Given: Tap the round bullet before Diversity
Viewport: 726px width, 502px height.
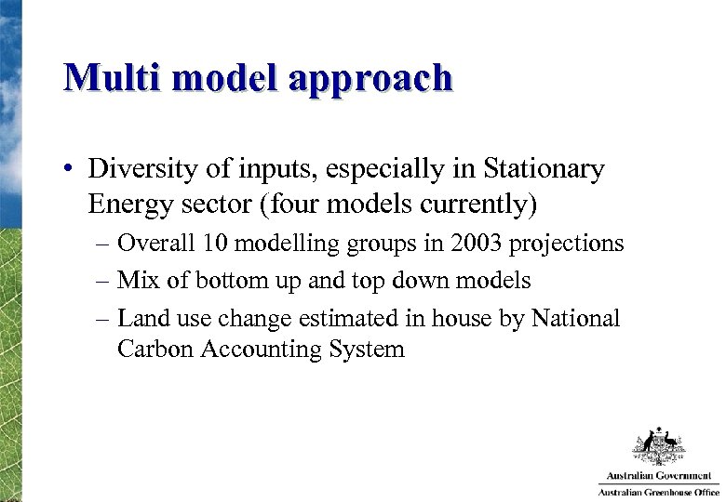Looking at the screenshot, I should point(69,170).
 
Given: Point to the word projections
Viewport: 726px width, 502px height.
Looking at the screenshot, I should point(570,244).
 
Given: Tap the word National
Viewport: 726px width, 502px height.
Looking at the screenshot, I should point(574,319).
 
